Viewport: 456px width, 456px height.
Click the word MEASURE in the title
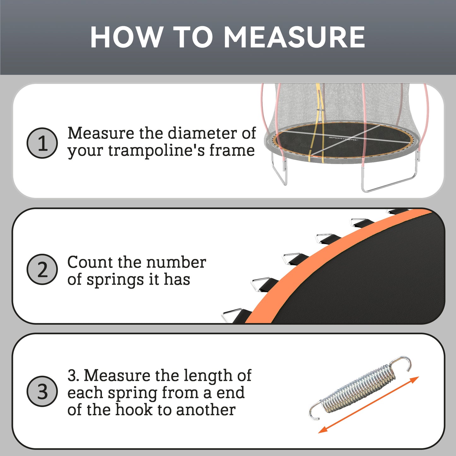[x=294, y=37]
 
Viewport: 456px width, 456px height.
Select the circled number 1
[x=42, y=143]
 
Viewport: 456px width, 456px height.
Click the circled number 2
[x=42, y=269]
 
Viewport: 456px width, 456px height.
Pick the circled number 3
[x=42, y=391]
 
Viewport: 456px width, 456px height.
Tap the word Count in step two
[x=90, y=262]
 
